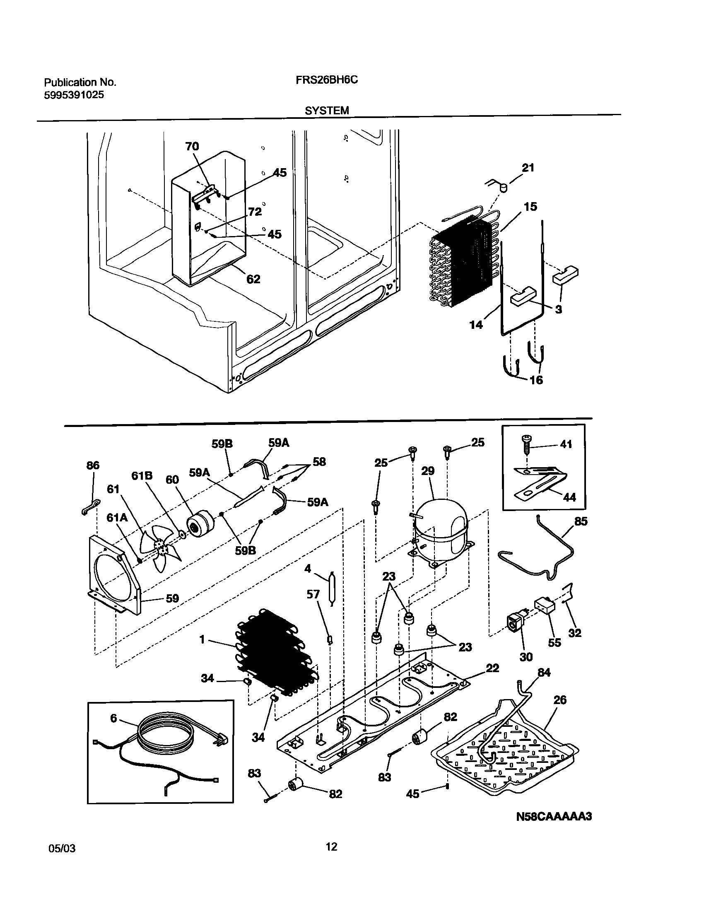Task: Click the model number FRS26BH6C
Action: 326,80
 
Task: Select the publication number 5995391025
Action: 74,95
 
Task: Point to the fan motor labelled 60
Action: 200,525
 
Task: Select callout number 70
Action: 192,146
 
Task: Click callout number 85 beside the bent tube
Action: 581,521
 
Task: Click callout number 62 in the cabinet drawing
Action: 253,279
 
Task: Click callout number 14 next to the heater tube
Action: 476,324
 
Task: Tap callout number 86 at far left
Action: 93,465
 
